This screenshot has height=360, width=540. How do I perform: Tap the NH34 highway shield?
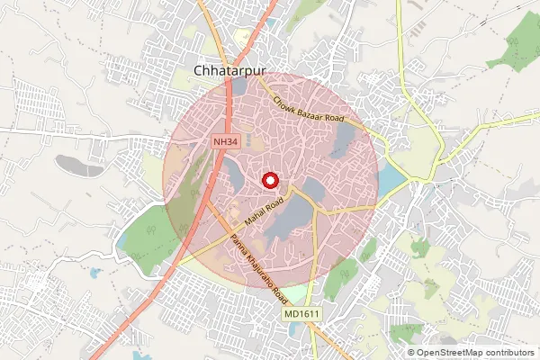[x=225, y=142]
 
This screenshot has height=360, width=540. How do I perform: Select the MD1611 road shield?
[x=301, y=313]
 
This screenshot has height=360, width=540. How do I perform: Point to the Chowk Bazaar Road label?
[x=310, y=111]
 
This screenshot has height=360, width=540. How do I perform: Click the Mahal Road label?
[x=264, y=210]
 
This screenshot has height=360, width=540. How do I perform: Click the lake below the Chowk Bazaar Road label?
[x=344, y=139]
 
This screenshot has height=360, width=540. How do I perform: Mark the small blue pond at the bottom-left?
[x=93, y=271]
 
